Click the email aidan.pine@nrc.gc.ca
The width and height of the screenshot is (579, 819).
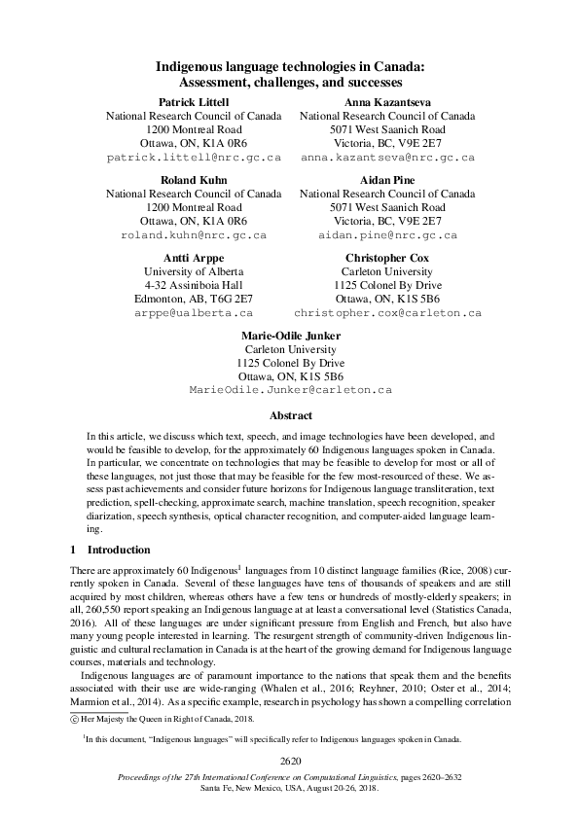(x=387, y=235)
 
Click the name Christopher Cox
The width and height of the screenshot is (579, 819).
(x=387, y=258)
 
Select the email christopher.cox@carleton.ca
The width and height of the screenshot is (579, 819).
(x=387, y=313)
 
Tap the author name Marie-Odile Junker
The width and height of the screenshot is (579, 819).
(x=290, y=336)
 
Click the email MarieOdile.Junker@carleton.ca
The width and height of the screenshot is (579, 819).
(x=290, y=390)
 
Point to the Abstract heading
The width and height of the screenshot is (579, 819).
(x=290, y=414)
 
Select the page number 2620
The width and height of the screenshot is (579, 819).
(x=290, y=760)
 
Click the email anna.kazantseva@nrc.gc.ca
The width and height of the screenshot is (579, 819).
(x=387, y=157)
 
